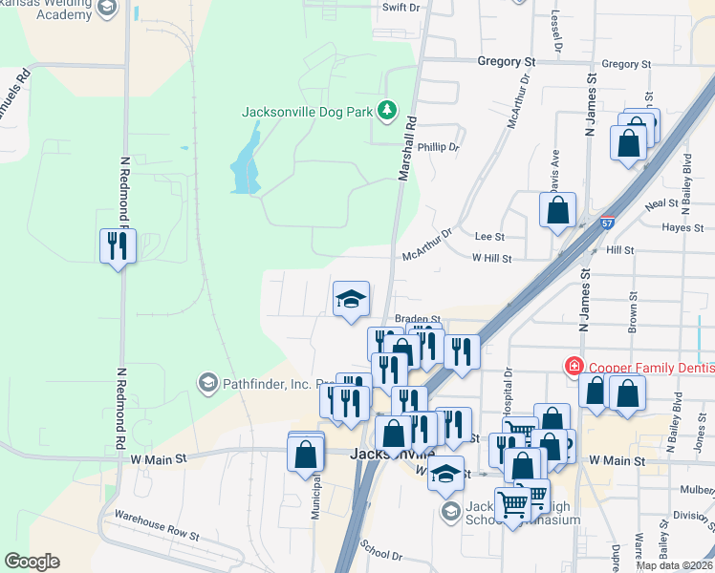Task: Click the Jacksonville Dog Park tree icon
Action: (x=387, y=111)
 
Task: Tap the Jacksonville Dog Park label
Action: (x=307, y=112)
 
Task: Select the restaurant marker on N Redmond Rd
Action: (x=119, y=246)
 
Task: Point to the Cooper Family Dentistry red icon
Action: (x=574, y=367)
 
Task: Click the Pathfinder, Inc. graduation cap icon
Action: (x=206, y=384)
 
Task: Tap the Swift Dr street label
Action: (x=401, y=8)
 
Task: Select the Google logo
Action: (x=32, y=562)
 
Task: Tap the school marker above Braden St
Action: (x=351, y=300)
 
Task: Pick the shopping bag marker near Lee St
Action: (x=557, y=211)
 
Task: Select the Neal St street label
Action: (x=661, y=204)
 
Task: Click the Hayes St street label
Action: (x=682, y=228)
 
